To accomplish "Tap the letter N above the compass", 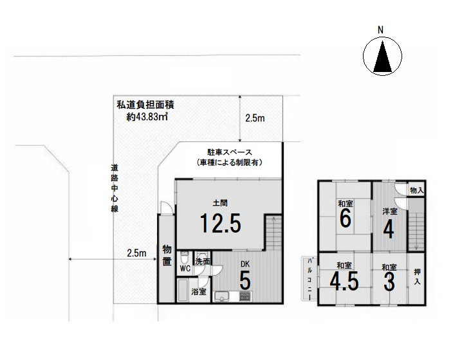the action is pyautogui.click(x=381, y=30).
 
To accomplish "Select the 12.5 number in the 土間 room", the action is pyautogui.click(x=220, y=223).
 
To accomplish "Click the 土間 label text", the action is pyautogui.click(x=220, y=203).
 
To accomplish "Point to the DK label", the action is pyautogui.click(x=245, y=264).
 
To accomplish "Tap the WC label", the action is pyautogui.click(x=185, y=269).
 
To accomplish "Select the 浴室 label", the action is pyautogui.click(x=199, y=292).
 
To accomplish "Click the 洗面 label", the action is pyautogui.click(x=203, y=262).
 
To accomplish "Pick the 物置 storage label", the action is pyautogui.click(x=167, y=255).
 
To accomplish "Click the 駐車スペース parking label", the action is pyautogui.click(x=230, y=152).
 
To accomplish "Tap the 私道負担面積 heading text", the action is pyautogui.click(x=145, y=105).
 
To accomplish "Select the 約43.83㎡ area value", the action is pyautogui.click(x=147, y=116).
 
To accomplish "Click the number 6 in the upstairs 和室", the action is pyautogui.click(x=346, y=218).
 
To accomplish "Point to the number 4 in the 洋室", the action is pyautogui.click(x=388, y=230).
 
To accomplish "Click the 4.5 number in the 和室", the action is pyautogui.click(x=344, y=282).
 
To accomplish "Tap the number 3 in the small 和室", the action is pyautogui.click(x=389, y=282).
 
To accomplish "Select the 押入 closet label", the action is pyautogui.click(x=417, y=276).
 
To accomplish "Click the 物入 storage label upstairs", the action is pyautogui.click(x=416, y=190).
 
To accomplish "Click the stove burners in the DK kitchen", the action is pyautogui.click(x=245, y=296).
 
